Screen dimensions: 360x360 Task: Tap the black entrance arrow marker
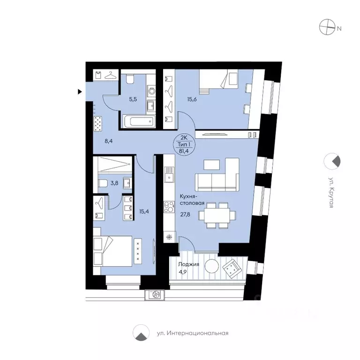(x=80, y=92)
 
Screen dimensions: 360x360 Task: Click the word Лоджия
(x=188, y=264)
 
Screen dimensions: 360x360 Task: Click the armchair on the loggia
(x=232, y=269)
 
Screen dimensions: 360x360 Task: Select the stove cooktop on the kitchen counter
(x=168, y=207)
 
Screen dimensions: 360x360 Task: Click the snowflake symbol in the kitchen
(x=168, y=238)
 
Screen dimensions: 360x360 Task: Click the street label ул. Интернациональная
(x=192, y=333)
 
